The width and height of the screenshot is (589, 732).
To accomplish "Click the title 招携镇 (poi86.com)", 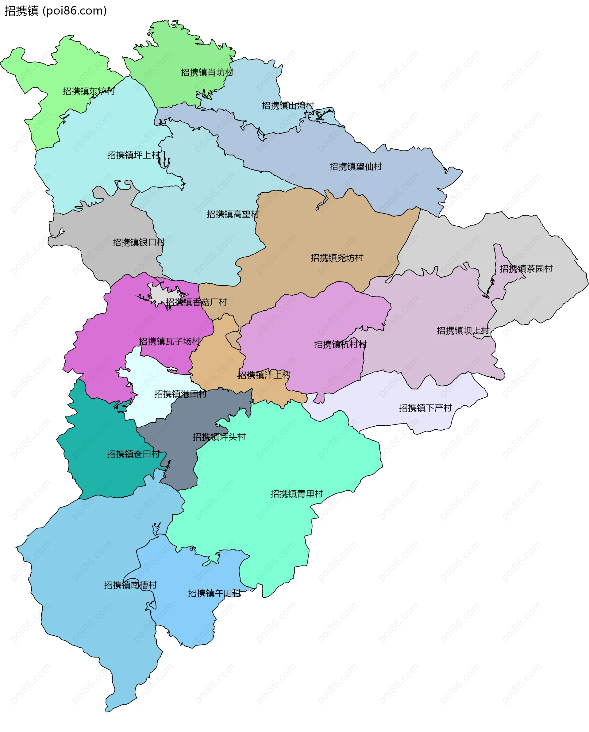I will (x=55, y=11).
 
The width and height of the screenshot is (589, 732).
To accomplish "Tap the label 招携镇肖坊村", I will (x=207, y=72).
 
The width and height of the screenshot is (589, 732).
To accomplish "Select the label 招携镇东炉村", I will (x=89, y=91).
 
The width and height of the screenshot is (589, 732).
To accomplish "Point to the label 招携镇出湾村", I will (x=288, y=105).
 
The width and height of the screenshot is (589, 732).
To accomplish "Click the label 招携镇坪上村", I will (x=133, y=155).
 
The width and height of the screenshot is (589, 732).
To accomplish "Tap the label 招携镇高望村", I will (x=233, y=214).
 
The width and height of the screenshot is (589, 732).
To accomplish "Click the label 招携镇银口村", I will (x=139, y=242).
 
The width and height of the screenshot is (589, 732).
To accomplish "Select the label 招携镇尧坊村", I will (x=337, y=258).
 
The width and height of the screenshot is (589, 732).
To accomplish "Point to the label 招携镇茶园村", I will (x=526, y=269).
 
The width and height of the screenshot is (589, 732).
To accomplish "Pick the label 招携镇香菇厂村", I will (x=196, y=302).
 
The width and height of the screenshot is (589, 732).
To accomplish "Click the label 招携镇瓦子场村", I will (x=170, y=341).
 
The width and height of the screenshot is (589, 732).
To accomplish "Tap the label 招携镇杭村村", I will (x=340, y=344).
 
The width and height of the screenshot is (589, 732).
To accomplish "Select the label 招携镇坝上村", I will (x=463, y=330).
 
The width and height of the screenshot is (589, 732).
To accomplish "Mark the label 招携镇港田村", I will (x=180, y=394).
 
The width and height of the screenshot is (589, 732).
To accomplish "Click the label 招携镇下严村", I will (x=425, y=408).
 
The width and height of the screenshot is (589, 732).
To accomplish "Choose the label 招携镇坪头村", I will (x=219, y=437).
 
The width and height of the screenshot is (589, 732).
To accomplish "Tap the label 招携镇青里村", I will (x=297, y=494).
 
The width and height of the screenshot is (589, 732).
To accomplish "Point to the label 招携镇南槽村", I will (x=130, y=585).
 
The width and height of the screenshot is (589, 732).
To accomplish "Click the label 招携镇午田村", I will (x=214, y=593).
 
